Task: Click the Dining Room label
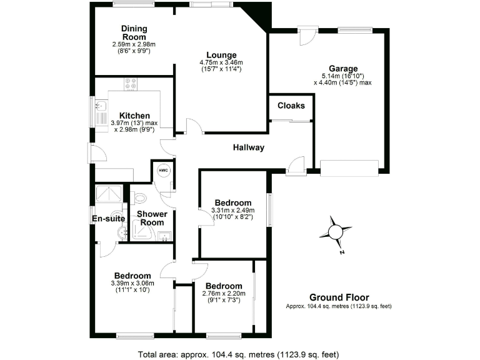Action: pyautogui.click(x=133, y=32)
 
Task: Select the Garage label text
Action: pyautogui.click(x=343, y=69)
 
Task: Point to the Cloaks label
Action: pyautogui.click(x=291, y=106)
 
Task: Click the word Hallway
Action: pyautogui.click(x=249, y=148)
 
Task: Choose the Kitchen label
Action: pyautogui.click(x=134, y=116)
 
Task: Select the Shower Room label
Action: pyautogui.click(x=152, y=218)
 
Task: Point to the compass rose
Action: pyautogui.click(x=335, y=232)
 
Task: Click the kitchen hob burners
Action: pyautogui.click(x=131, y=84)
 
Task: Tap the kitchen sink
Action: pyautogui.click(x=100, y=112)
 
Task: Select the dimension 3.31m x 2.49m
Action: pyautogui.click(x=232, y=211)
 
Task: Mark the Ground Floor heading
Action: pyautogui.click(x=339, y=297)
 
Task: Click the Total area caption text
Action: pyautogui.click(x=238, y=353)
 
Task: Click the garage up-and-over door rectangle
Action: pyautogui.click(x=349, y=167)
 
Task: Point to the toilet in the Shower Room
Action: pyautogui.click(x=140, y=199)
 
